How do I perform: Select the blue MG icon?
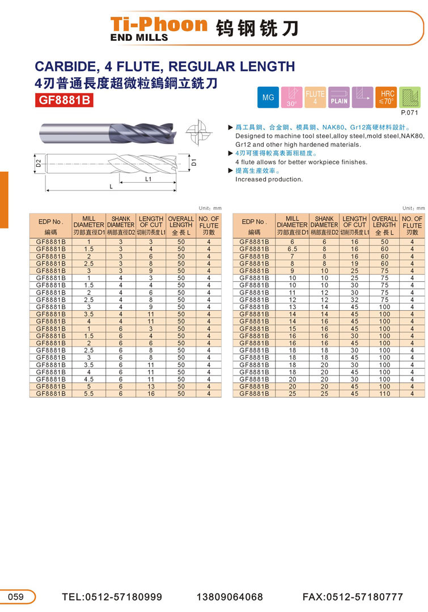268,98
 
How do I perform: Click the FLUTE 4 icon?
315,98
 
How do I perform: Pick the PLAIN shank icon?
339,98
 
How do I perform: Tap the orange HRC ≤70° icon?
387,98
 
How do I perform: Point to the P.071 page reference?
409,113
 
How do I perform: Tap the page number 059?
16,597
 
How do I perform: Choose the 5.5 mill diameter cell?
88,393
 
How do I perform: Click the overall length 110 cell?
384,393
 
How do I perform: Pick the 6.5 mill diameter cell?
293,249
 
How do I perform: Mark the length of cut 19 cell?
354,264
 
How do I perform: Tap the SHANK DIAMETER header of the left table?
120,222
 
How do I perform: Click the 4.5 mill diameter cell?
88,379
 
